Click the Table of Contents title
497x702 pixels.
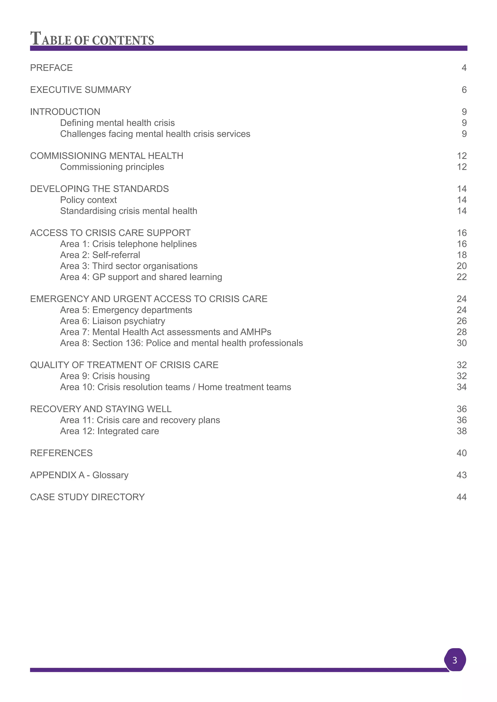(92, 39)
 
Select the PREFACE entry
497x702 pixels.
(51, 68)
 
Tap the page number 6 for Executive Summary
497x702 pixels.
(464, 90)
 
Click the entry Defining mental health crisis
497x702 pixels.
(117, 123)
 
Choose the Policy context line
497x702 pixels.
(88, 200)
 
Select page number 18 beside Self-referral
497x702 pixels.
(462, 255)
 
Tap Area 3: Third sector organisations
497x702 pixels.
(129, 266)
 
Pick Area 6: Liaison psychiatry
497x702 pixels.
(113, 321)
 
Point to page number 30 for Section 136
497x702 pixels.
(462, 343)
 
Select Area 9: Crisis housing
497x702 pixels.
(105, 376)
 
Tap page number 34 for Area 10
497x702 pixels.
(462, 387)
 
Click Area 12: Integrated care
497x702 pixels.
(109, 431)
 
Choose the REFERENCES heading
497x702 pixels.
(61, 453)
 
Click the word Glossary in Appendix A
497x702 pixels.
(110, 475)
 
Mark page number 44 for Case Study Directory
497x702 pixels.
(462, 497)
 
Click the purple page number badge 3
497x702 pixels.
(455, 660)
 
